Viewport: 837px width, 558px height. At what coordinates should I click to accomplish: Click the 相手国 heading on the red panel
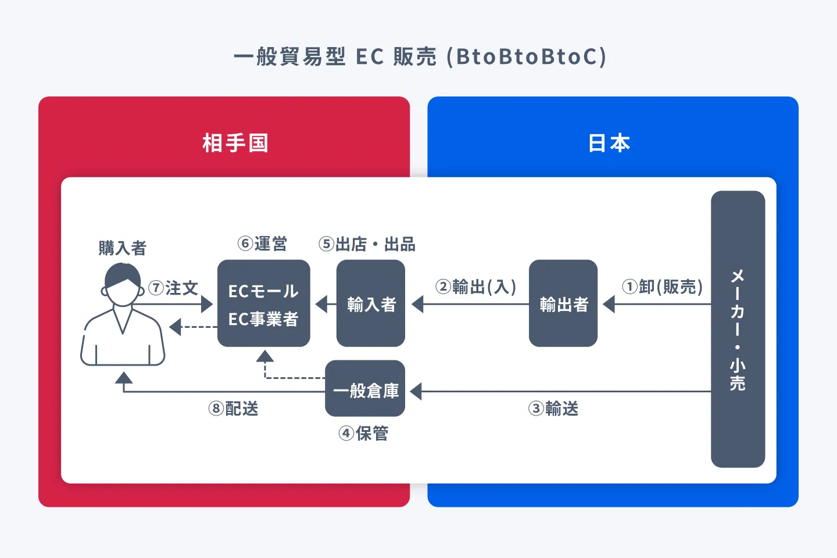tap(235, 143)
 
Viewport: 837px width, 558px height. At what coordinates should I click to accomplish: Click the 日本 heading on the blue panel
tap(609, 143)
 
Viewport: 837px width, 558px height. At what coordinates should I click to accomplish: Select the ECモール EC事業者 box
tap(263, 304)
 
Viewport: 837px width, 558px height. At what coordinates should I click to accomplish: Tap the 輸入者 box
tap(371, 304)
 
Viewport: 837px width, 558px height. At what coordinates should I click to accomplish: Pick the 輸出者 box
tap(563, 304)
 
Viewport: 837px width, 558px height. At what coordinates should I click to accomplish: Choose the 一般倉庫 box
tap(365, 389)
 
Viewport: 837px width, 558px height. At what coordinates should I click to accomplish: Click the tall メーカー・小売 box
tap(738, 329)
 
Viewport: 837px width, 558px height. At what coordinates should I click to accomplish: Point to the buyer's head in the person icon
tap(122, 285)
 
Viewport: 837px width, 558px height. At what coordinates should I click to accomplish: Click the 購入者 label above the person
tap(122, 248)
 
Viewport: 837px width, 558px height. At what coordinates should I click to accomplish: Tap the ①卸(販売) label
tap(662, 287)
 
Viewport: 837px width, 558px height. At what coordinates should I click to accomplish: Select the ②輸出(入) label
tap(475, 287)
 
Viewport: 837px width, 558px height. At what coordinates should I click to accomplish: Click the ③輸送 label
tap(553, 409)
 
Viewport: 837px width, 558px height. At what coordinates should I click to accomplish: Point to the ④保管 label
tap(363, 433)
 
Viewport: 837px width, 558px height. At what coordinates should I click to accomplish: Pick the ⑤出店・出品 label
tap(367, 244)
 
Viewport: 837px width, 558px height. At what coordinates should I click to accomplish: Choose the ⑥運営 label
tap(262, 244)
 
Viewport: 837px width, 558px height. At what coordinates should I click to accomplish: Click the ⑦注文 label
tap(173, 288)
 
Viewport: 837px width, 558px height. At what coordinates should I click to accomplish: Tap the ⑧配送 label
tap(233, 409)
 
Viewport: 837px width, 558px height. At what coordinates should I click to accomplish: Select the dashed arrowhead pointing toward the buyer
tap(175, 327)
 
